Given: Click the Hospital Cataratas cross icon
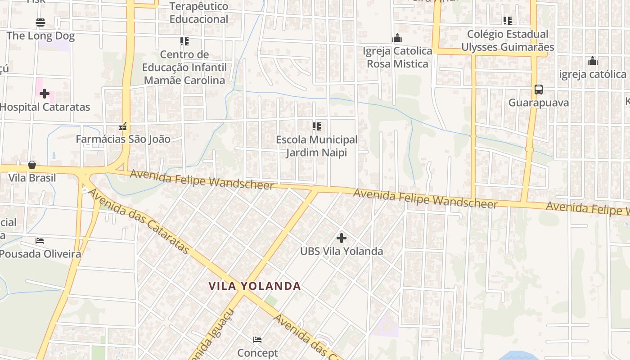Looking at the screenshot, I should pos(45,94).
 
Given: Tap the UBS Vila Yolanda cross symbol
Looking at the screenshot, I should pos(342,238).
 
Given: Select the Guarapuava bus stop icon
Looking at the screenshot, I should pos(538,89).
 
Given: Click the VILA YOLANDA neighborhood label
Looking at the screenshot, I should pos(255,286).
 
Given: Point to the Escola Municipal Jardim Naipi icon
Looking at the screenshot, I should pos(317,126).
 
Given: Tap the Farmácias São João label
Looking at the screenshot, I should pos(123,139).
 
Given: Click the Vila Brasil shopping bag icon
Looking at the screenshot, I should pos(32,165).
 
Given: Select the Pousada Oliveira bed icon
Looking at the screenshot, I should pos(40,241).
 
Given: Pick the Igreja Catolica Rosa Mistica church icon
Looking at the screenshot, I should pos(397,38).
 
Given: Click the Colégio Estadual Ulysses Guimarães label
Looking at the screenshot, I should pos(508,40).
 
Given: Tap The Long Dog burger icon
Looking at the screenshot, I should pos(40,22).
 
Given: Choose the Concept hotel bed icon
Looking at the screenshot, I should pos(257,339).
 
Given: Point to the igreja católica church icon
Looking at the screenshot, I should pos(593,61).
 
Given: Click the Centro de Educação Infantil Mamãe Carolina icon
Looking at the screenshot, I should pos(184,41).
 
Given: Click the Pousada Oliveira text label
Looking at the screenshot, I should pos(40,254).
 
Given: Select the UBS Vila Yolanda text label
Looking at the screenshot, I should pos(342,251).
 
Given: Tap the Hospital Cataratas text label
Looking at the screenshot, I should pos(45,107).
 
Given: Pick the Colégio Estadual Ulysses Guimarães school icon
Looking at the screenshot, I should pos(508,20).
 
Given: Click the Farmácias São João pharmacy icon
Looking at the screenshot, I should pos(123,126).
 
